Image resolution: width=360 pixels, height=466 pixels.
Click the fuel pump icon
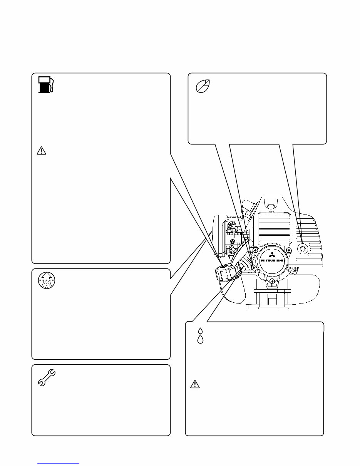coord(46,85)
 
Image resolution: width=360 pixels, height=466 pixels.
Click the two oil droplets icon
coord(200,335)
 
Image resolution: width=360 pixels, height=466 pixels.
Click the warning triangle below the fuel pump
coord(41,151)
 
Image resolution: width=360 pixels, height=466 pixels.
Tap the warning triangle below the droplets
coord(196,384)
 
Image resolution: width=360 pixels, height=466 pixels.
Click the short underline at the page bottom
coord(58,463)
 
